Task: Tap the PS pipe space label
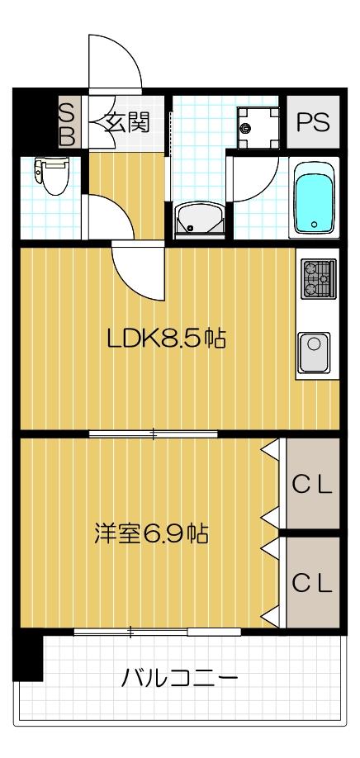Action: [x=313, y=123]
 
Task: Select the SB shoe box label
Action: [x=67, y=124]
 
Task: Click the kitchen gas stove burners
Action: [x=318, y=278]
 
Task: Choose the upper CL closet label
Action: [x=313, y=485]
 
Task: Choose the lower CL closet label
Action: [x=313, y=583]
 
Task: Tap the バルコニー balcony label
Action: [x=179, y=680]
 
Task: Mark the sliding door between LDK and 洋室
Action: [x=154, y=434]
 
